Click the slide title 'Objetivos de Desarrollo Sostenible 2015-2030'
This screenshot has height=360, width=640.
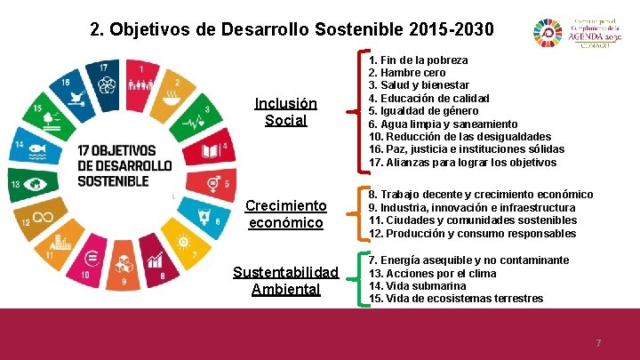pos(292,28)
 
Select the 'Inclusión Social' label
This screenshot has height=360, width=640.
pos(285,112)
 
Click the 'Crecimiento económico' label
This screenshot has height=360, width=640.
pos(285,214)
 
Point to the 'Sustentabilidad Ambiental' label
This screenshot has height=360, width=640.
pos(285,280)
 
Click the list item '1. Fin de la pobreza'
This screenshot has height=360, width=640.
pos(418,60)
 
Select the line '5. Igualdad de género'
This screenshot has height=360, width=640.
pos(430,111)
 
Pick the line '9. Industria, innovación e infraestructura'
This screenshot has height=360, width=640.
pos(472,207)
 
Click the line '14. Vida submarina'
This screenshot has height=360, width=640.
pos(417,286)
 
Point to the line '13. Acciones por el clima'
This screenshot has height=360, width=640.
pos(432,273)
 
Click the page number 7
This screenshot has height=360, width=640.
pos(598,343)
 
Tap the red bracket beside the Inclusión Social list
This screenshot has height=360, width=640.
pos(361,111)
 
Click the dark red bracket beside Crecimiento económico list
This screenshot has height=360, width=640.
pos(361,213)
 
